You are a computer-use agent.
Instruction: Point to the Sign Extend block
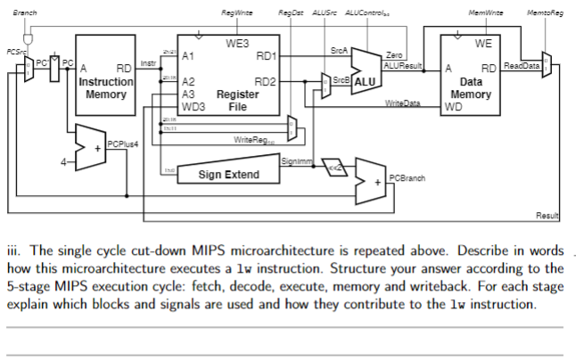point(228,175)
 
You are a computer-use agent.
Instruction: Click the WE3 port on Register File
point(236,43)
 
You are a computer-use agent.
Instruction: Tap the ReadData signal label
point(521,67)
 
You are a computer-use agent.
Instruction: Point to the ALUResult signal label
point(400,68)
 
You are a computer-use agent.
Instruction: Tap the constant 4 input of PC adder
point(63,161)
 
